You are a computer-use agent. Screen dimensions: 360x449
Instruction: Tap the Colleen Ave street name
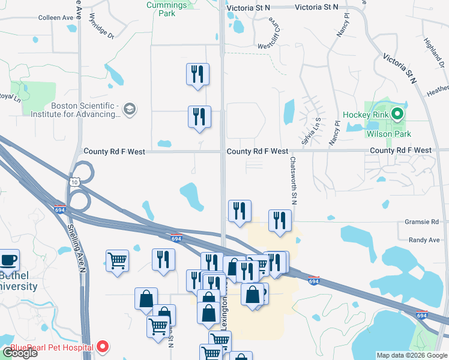tap(55, 18)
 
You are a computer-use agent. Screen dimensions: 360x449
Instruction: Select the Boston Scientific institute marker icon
tap(129, 109)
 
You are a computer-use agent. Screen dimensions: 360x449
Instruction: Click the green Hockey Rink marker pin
tap(397, 114)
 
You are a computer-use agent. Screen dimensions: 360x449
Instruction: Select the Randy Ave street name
tap(424, 240)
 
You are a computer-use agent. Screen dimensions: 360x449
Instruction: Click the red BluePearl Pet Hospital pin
tap(102, 347)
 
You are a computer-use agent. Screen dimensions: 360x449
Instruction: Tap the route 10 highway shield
tap(74, 181)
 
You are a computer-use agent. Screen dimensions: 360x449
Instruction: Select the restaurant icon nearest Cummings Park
tap(197, 75)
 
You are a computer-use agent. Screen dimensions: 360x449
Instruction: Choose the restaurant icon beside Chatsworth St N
tap(280, 221)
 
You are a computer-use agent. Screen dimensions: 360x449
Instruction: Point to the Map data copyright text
tap(411, 355)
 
